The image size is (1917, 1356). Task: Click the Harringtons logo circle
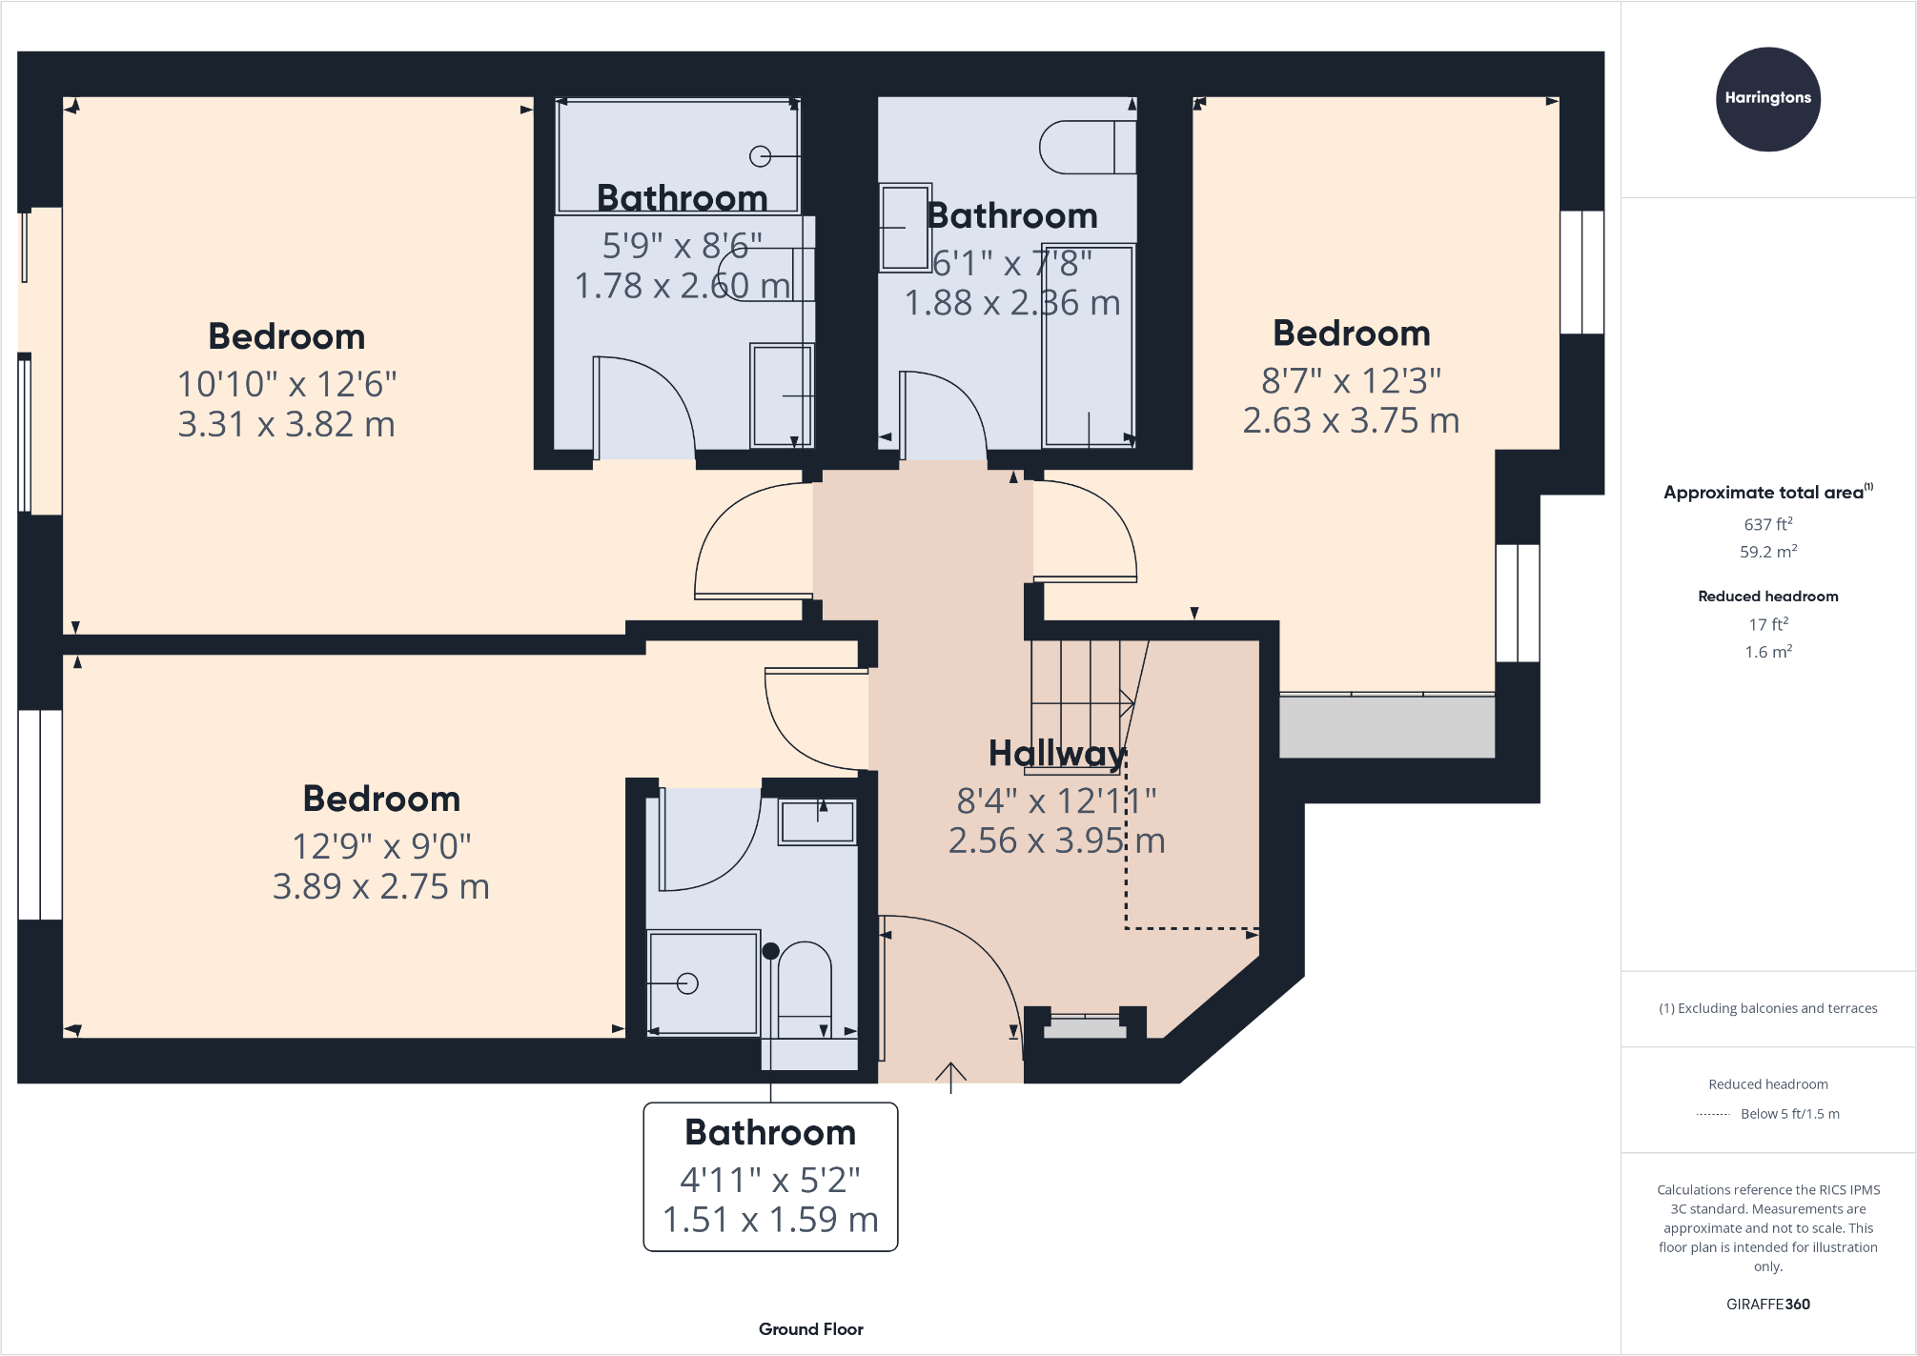tap(1767, 99)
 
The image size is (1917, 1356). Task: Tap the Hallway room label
tap(1057, 754)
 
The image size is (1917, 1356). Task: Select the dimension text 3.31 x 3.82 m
tap(286, 424)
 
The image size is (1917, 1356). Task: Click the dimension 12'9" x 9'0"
tap(381, 846)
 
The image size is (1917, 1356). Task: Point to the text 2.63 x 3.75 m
tap(1351, 420)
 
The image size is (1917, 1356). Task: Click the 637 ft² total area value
tap(1767, 524)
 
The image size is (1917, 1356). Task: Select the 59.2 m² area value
tap(1767, 552)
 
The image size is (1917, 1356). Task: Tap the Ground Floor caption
tap(810, 1329)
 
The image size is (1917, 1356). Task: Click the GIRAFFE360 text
tap(1767, 1305)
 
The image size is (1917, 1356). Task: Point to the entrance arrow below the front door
tap(950, 1076)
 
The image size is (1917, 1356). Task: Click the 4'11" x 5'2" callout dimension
tap(769, 1181)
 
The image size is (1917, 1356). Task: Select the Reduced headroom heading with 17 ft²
tap(1767, 597)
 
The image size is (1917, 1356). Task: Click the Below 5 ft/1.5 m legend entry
tap(1789, 1114)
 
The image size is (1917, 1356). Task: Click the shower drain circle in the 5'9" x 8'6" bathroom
tap(760, 156)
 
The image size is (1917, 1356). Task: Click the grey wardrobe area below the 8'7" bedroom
tap(1386, 727)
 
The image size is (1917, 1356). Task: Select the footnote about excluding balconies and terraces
tap(1767, 1008)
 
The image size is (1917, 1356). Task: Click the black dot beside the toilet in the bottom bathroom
tap(771, 951)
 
